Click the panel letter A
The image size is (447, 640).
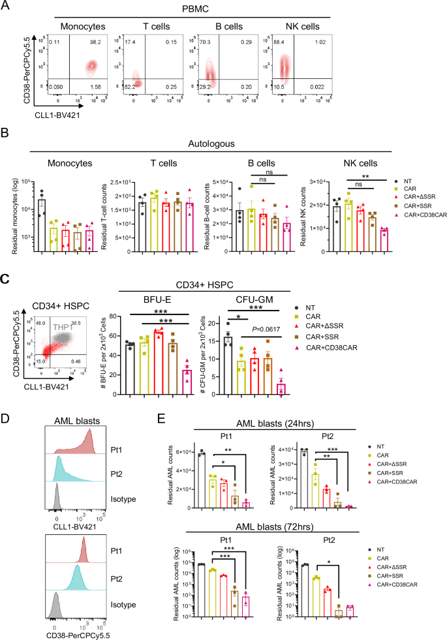(6, 7)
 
